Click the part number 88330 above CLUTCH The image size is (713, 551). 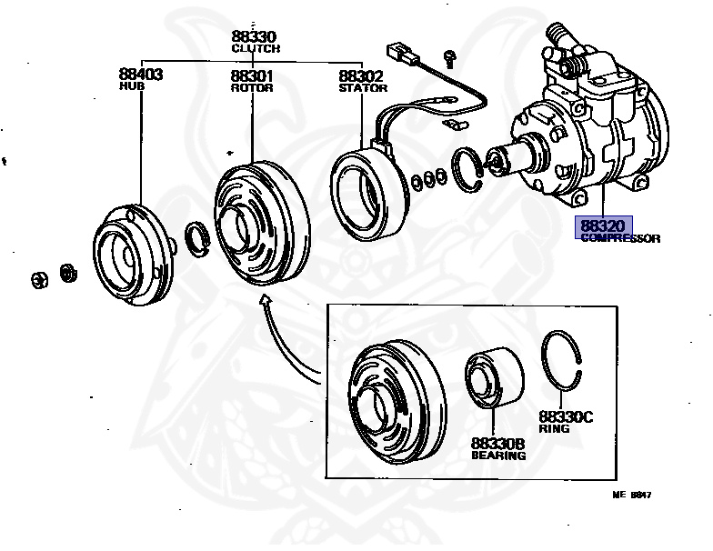tap(255, 36)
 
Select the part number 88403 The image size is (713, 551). tap(141, 75)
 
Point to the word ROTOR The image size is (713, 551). tap(246, 87)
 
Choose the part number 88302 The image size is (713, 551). tap(361, 76)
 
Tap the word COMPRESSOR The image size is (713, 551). tap(620, 238)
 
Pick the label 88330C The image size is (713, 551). tap(564, 416)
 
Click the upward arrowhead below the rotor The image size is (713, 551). tap(265, 301)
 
